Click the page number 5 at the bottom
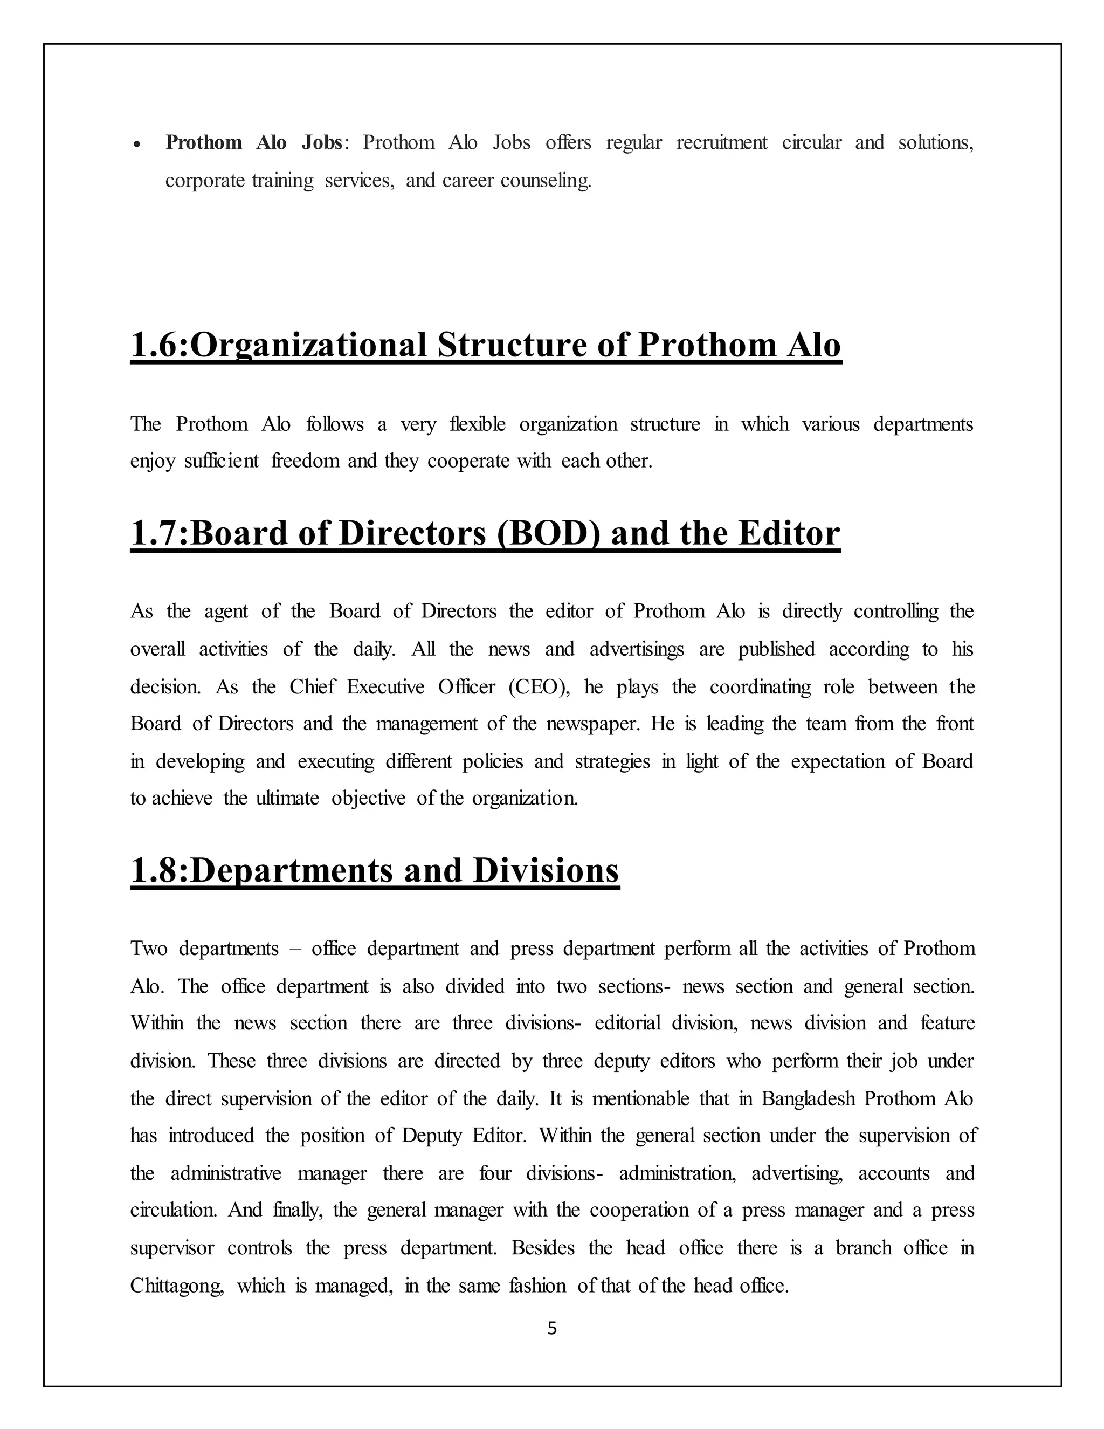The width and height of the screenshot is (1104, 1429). click(x=552, y=1328)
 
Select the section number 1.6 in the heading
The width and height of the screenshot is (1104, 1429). click(x=156, y=345)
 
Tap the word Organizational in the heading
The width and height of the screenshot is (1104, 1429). click(x=308, y=345)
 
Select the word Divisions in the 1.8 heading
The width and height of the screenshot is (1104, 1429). click(x=546, y=870)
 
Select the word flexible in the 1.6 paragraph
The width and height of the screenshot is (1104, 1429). click(x=478, y=424)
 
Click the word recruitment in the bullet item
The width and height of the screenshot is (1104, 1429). click(x=721, y=143)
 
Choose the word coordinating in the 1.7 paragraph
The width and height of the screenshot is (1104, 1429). click(x=760, y=687)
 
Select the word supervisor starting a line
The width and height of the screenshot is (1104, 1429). click(x=172, y=1248)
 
